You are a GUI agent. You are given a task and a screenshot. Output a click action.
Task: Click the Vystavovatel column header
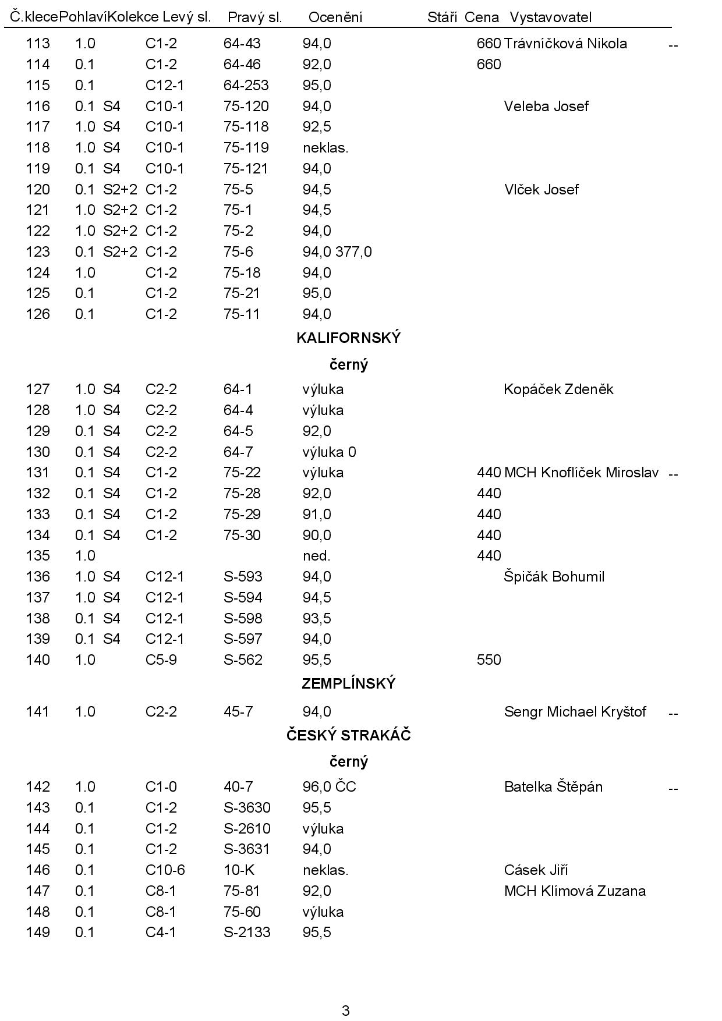pos(550,17)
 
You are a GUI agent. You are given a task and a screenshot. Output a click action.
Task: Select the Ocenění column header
pos(335,17)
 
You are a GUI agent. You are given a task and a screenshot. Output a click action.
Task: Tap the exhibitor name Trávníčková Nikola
pos(565,44)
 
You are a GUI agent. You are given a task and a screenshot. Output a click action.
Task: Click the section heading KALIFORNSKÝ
pos(348,338)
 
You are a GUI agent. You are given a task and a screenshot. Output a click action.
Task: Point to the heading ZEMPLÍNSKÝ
pos(348,684)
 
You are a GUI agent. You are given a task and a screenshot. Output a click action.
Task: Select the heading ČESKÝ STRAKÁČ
pos(348,736)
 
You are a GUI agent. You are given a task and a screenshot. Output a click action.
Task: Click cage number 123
pos(38,252)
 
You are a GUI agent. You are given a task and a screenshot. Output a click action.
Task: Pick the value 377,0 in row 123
pos(353,252)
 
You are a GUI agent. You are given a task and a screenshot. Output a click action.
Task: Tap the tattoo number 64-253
pos(246,86)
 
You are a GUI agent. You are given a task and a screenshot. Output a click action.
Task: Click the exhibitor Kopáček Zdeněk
pos(558,389)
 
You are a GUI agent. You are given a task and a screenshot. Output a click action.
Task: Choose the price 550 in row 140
pos(489,660)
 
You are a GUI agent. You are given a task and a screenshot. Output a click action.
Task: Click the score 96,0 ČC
pos(329,787)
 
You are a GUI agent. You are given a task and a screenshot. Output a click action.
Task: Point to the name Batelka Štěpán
pos(553,787)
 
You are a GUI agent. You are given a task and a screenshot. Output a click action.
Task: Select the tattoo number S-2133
pos(247,933)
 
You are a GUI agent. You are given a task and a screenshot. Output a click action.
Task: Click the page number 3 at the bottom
pos(346,1011)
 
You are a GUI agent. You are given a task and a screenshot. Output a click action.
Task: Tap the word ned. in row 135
pos(316,556)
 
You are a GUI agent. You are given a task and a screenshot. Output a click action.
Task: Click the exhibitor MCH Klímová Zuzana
pos(575,891)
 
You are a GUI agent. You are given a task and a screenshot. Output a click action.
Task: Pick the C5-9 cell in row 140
pos(161,660)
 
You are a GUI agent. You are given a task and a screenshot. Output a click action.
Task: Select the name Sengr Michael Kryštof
pos(575,712)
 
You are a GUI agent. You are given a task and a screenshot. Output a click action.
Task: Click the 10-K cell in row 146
pos(239,870)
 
